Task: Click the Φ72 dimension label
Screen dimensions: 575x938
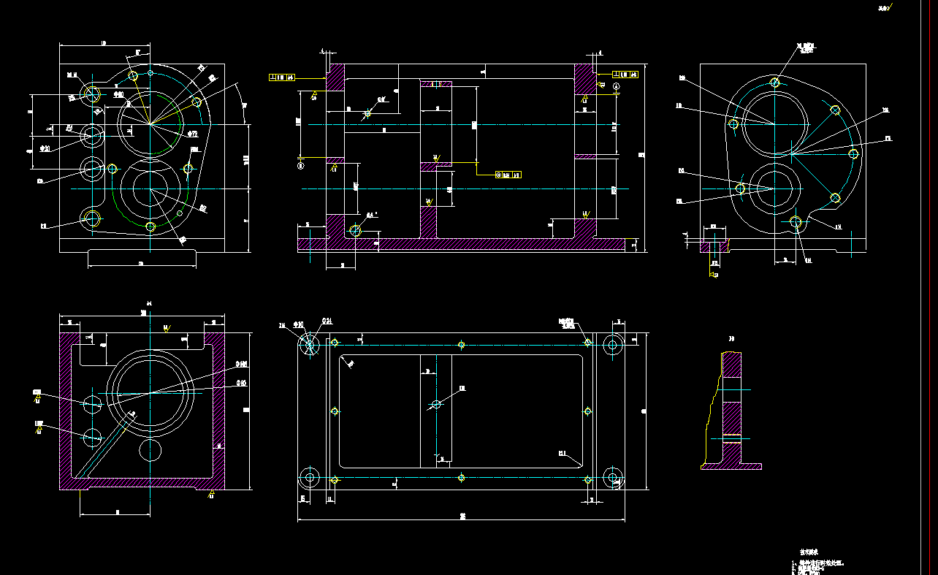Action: (192, 134)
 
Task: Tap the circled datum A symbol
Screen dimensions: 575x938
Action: (617, 86)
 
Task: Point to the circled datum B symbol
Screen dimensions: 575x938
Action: (301, 166)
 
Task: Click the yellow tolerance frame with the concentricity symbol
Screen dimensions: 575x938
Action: (508, 175)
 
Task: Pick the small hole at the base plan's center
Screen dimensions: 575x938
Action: (437, 404)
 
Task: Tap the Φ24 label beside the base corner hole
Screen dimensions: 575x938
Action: (328, 321)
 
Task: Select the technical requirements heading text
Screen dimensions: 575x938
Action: (808, 552)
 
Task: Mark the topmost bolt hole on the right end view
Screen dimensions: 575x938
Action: (775, 82)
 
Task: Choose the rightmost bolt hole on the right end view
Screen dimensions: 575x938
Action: (853, 153)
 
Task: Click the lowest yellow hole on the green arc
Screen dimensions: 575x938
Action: (150, 227)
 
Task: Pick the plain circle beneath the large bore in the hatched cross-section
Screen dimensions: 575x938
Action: (150, 451)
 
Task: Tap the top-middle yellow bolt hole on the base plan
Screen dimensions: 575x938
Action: (461, 344)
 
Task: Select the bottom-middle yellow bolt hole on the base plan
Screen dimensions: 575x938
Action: (461, 478)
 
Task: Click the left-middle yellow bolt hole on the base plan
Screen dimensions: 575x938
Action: (335, 411)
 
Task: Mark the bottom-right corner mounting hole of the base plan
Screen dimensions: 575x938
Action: (614, 479)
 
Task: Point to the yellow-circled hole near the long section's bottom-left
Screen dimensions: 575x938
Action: (355, 231)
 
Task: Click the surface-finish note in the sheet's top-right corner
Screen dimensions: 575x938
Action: (885, 8)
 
